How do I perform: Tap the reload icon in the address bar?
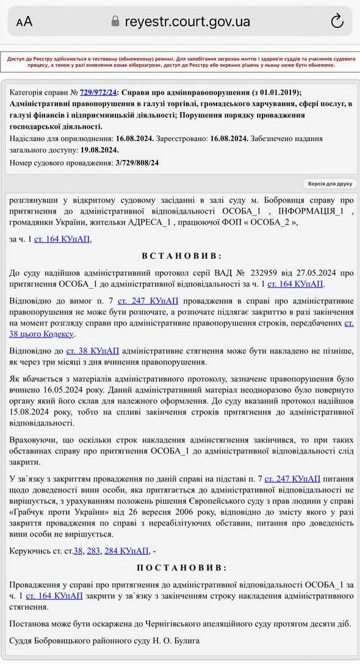click(337, 21)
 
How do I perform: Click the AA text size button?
click(24, 22)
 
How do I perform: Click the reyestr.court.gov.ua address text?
click(187, 21)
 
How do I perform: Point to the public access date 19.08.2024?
click(99, 150)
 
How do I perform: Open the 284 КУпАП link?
click(126, 550)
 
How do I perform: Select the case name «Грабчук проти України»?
click(57, 511)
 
